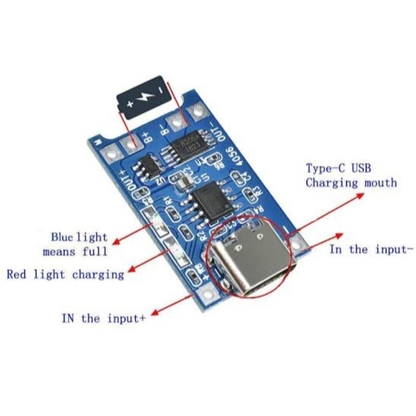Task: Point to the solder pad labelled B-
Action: [x=177, y=121]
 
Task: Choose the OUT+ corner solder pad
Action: [x=111, y=154]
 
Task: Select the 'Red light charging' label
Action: [x=66, y=274]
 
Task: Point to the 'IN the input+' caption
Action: [x=103, y=318]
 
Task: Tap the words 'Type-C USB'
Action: [x=338, y=168]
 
